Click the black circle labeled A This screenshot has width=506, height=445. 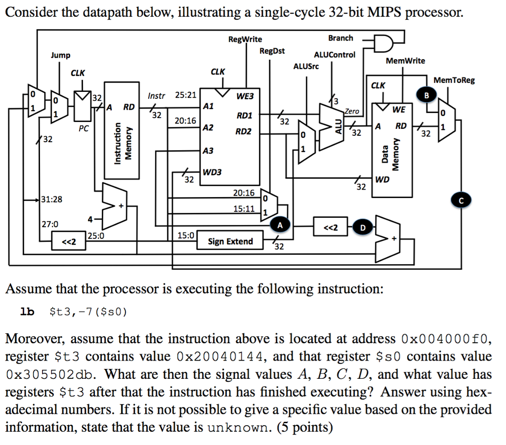280,225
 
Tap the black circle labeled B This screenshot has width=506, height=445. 427,95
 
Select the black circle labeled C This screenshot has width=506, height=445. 462,200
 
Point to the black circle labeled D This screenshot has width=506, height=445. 363,228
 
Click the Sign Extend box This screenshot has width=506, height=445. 230,241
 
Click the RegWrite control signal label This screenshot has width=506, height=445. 245,39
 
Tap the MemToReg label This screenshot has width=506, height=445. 454,80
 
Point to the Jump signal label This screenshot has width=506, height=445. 60,55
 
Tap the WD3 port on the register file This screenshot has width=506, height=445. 212,172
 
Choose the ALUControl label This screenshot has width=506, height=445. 334,54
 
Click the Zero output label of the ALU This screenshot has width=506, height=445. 352,111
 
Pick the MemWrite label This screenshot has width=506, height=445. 405,60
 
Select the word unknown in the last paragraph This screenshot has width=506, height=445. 237,426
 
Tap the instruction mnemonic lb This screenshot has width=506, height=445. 27,312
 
